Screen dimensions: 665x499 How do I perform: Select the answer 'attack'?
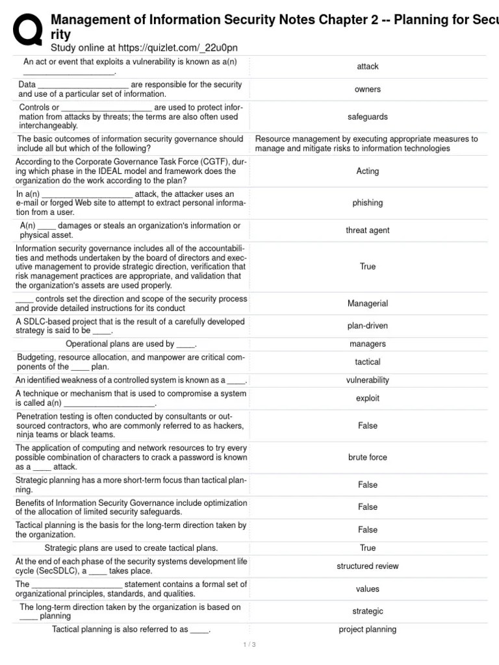pyautogui.click(x=368, y=66)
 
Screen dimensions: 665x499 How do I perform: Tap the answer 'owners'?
pyautogui.click(x=368, y=89)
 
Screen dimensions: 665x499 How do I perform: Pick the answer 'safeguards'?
pyautogui.click(x=368, y=117)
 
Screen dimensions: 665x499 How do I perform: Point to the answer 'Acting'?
pyautogui.click(x=368, y=171)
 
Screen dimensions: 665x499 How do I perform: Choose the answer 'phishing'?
pyautogui.click(x=368, y=203)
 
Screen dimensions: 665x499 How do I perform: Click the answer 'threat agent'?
pyautogui.click(x=368, y=230)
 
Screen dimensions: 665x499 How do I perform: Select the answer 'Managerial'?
pyautogui.click(x=368, y=303)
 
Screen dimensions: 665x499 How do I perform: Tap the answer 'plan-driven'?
pyautogui.click(x=368, y=326)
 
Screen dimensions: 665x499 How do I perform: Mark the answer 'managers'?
pyautogui.click(x=368, y=344)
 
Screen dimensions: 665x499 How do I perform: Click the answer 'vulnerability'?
pyautogui.click(x=368, y=380)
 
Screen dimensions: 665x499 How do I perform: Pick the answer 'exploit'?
pyautogui.click(x=368, y=398)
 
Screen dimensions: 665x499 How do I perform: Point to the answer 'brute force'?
pyautogui.click(x=368, y=457)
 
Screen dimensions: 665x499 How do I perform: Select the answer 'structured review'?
pyautogui.click(x=368, y=566)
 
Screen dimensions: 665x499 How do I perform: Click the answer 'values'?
pyautogui.click(x=368, y=589)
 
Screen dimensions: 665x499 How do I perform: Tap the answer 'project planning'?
pyautogui.click(x=368, y=629)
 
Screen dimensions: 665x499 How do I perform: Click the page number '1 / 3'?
pyautogui.click(x=249, y=644)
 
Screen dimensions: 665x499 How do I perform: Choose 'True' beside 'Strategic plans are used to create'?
pyautogui.click(x=368, y=548)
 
